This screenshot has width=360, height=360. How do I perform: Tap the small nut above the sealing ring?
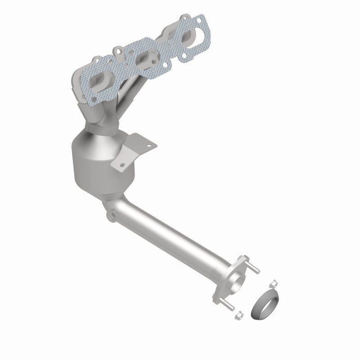click(272, 283)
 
